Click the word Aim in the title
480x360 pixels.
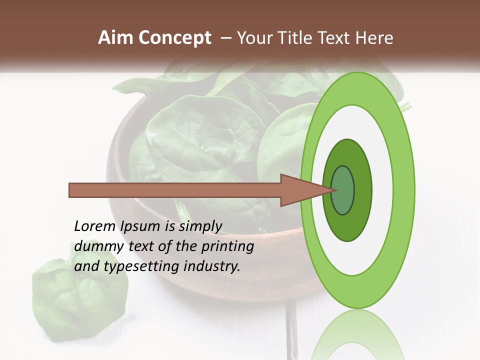(115, 38)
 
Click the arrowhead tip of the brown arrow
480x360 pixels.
(331, 190)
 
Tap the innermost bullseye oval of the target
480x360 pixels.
(343, 190)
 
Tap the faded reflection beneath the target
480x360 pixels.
(357, 335)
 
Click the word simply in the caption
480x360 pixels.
(200, 226)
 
